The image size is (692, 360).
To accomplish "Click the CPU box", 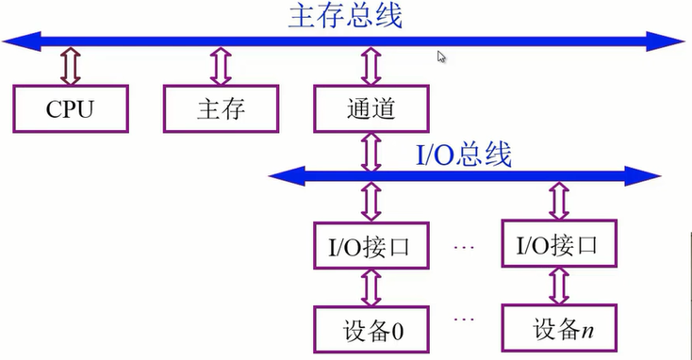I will click(x=71, y=108).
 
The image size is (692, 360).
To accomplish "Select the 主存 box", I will click(x=221, y=108).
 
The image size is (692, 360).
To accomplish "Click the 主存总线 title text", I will click(x=345, y=16).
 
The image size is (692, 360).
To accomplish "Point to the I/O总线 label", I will click(x=464, y=155).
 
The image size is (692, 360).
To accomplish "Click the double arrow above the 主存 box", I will click(x=221, y=68).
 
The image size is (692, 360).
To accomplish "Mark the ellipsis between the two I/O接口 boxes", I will click(x=463, y=247).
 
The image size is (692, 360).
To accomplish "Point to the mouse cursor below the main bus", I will click(x=441, y=57).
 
